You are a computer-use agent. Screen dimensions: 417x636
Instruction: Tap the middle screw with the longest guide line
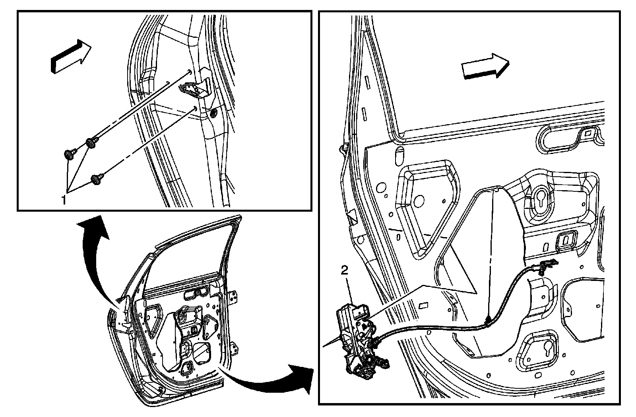pyautogui.click(x=91, y=142)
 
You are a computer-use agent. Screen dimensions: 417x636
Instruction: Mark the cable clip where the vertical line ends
pyautogui.click(x=488, y=322)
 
